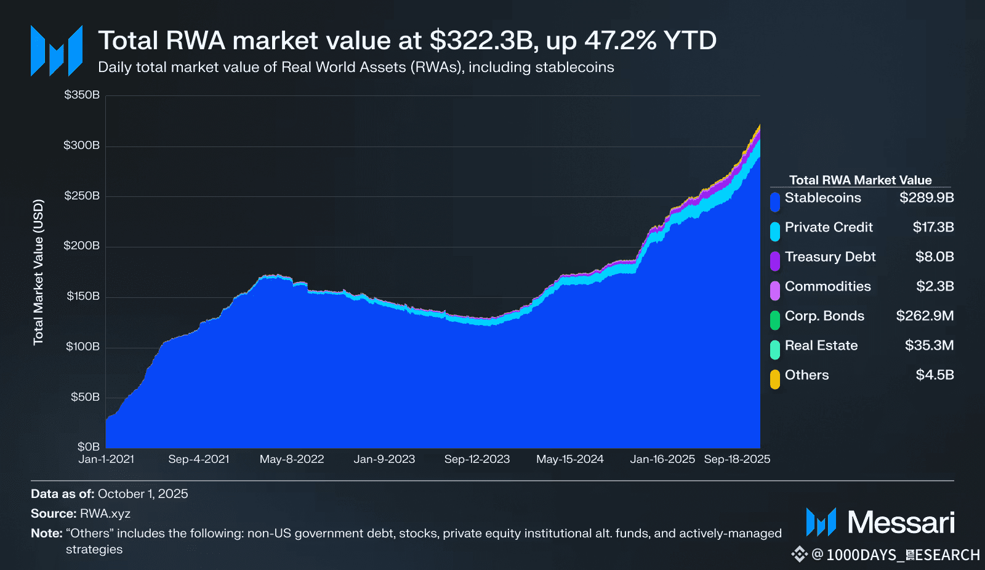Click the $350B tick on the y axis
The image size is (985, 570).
82,95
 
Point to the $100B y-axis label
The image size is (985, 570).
82,347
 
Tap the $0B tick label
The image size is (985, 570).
89,446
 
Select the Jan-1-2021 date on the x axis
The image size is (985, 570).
107,459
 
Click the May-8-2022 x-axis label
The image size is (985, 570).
292,459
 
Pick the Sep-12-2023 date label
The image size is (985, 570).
477,459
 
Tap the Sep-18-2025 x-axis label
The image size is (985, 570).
737,459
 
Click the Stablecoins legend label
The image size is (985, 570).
822,198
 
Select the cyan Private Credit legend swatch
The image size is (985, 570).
775,231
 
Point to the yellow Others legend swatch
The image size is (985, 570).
775,379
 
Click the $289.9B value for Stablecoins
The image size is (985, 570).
927,198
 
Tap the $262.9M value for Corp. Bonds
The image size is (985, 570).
925,316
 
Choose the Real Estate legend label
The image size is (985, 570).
821,346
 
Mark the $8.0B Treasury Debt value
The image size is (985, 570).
935,257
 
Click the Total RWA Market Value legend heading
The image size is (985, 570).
860,180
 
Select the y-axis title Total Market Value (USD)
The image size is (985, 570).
39,271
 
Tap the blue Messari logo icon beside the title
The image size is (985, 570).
57,51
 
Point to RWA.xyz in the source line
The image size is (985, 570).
105,514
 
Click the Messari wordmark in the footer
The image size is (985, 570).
901,523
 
